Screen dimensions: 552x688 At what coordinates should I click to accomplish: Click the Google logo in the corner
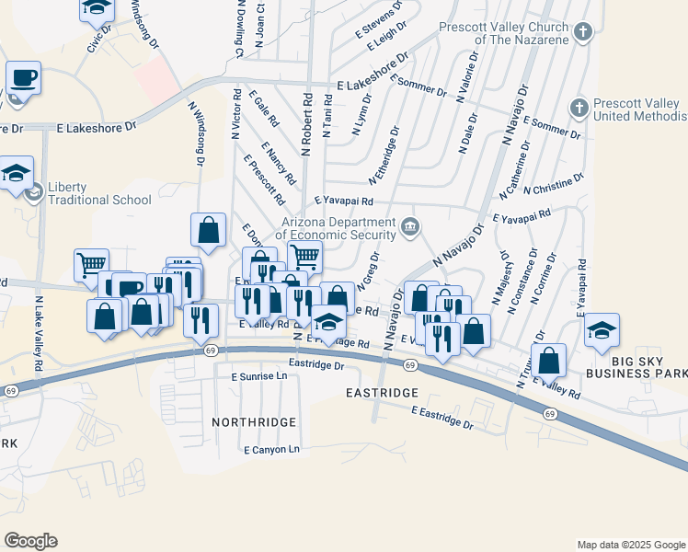[x=30, y=541]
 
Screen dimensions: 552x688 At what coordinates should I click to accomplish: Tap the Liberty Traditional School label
[x=87, y=200]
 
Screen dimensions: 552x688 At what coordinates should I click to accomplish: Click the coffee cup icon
[x=24, y=78]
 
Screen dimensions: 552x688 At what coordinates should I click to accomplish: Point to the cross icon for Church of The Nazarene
[x=581, y=33]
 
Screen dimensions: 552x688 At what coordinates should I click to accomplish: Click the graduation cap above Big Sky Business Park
[x=602, y=331]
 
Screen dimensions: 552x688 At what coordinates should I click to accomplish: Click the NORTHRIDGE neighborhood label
[x=254, y=422]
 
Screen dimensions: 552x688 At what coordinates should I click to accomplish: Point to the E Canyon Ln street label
[x=272, y=450]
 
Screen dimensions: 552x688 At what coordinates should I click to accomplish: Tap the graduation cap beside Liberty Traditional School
[x=17, y=173]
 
